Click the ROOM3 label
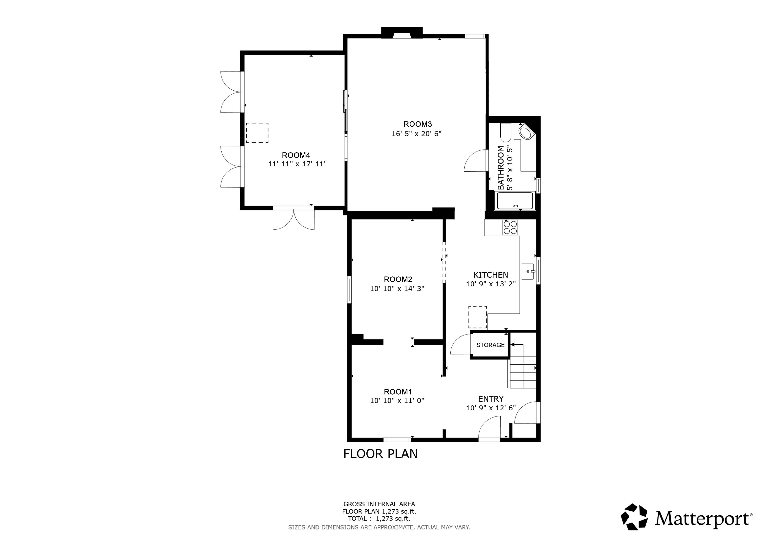pos(417,124)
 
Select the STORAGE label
pos(490,345)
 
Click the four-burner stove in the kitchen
pos(510,227)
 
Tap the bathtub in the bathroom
pos(515,201)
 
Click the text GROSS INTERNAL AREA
pos(379,504)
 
